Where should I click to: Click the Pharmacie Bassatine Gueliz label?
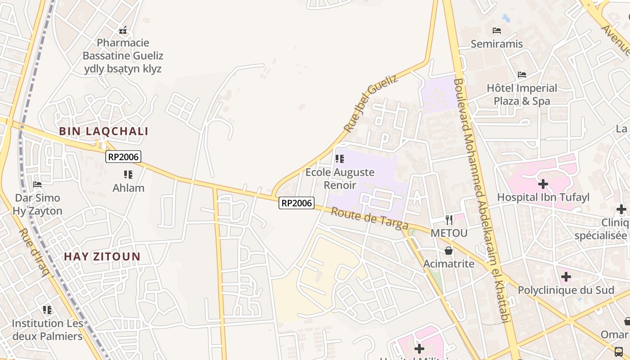pos(123,56)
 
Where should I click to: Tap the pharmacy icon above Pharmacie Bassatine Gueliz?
pos(123,30)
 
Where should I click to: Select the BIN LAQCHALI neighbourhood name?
pos(104,131)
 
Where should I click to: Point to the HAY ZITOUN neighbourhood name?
pos(102,256)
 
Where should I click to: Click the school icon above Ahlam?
pos(128,174)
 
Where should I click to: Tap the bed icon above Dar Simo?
pos(37,184)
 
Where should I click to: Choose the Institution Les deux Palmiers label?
pos(47,329)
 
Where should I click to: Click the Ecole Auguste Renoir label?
pos(340,179)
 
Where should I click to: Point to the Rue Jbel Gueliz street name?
pos(371,103)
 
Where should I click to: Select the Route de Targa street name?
pos(369,218)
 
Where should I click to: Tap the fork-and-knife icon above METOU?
pos(449,220)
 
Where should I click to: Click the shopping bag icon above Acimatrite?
pos(449,251)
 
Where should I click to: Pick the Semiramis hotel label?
pos(497,44)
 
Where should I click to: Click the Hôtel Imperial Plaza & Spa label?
pos(522,94)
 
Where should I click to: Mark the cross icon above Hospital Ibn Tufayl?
pos(543,184)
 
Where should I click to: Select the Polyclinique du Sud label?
pos(566,290)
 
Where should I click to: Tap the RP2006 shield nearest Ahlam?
pos(124,157)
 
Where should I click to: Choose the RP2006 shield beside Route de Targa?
pos(297,203)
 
